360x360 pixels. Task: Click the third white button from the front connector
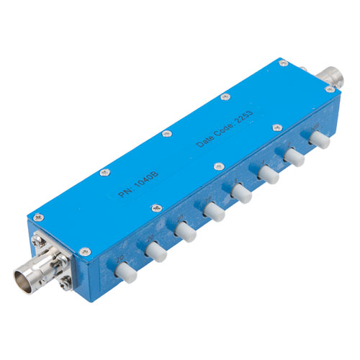(186, 232)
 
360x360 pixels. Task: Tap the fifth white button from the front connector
(240, 191)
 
